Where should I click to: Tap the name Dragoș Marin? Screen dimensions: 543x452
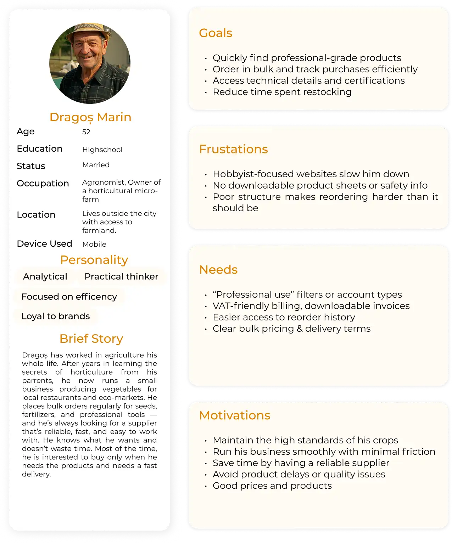[90, 117]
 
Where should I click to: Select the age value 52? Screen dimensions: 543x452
[86, 132]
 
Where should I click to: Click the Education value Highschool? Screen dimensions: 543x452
[102, 150]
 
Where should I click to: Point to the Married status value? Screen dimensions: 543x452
[96, 165]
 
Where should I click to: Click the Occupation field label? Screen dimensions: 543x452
[43, 183]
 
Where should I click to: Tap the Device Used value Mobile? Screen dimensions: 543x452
[94, 244]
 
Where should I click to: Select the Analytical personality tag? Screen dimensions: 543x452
[45, 276]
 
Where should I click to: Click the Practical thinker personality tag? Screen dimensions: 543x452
[121, 276]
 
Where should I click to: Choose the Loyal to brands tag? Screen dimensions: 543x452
[56, 316]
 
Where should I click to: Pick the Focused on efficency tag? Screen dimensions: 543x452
[69, 297]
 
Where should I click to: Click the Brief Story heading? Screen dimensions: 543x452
[91, 339]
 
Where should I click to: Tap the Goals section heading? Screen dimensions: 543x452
[216, 33]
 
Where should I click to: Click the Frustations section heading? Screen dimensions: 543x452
[233, 149]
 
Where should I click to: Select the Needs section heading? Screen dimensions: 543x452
[218, 270]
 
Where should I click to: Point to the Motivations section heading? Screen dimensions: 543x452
[235, 415]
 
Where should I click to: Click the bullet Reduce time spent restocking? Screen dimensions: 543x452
[282, 92]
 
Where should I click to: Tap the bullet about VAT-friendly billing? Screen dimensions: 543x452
[311, 306]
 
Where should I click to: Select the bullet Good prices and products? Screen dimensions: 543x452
[272, 486]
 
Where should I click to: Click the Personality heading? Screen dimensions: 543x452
[94, 260]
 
